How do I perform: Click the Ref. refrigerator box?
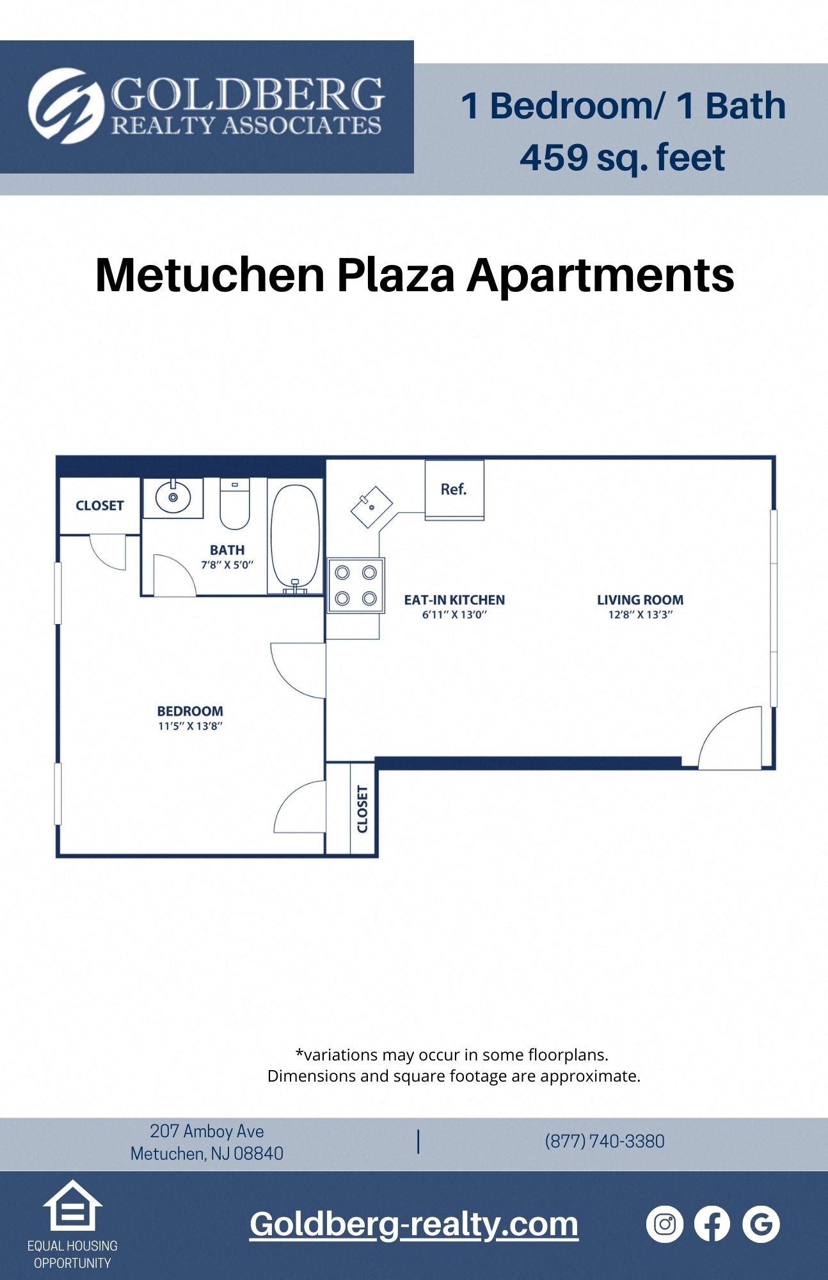(x=454, y=490)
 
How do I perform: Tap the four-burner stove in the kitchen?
(x=356, y=586)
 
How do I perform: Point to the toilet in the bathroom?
(x=235, y=504)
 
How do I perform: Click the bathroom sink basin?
(x=173, y=497)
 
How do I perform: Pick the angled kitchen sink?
(x=372, y=507)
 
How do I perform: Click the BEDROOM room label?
(x=190, y=711)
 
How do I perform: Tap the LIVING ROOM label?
(x=640, y=600)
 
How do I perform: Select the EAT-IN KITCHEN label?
(x=454, y=600)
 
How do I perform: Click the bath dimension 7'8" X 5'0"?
(x=227, y=565)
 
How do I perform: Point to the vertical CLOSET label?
(x=362, y=809)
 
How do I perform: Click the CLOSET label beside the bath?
(x=99, y=506)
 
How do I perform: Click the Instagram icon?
(x=665, y=1224)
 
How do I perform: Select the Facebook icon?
(x=712, y=1224)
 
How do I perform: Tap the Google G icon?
(x=761, y=1224)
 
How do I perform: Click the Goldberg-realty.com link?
(x=414, y=1224)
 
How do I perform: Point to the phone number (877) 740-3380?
(x=605, y=1141)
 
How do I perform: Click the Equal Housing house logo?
(x=72, y=1206)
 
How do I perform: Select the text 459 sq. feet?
(x=622, y=157)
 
